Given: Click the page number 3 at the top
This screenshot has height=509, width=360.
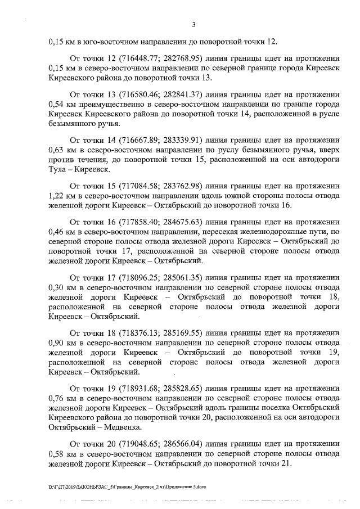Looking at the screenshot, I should (x=193, y=24).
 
